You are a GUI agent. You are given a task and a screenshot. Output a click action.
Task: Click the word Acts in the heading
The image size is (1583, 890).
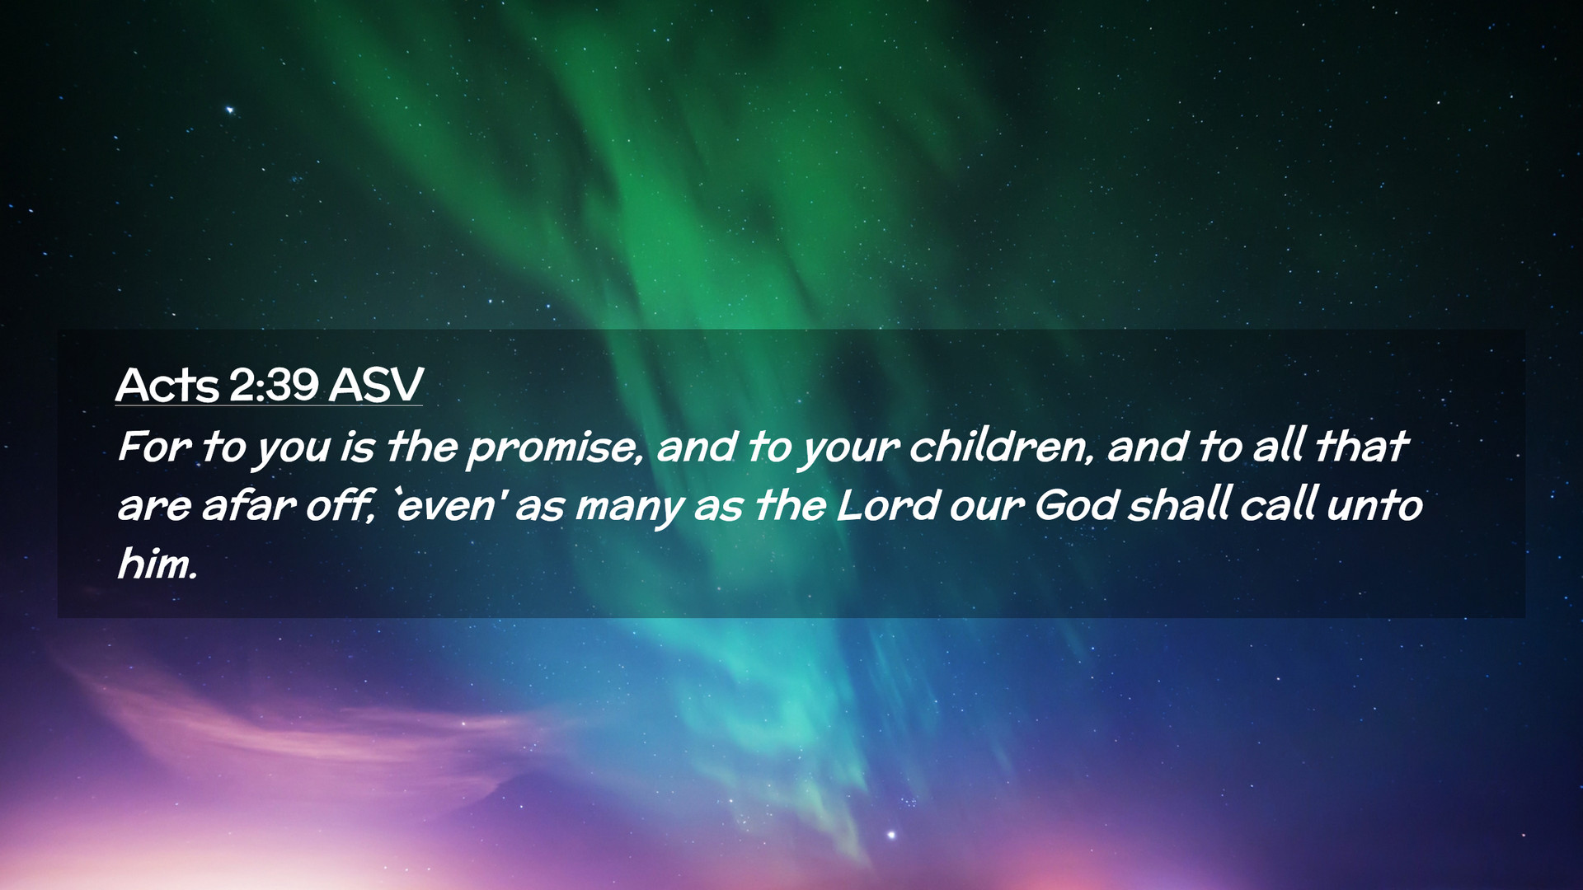[167, 384]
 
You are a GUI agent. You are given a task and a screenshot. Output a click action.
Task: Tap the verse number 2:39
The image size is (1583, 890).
[274, 384]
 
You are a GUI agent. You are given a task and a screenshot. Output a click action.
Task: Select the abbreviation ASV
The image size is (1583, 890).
[376, 384]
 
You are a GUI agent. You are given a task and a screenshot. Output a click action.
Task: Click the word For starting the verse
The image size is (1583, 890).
[154, 447]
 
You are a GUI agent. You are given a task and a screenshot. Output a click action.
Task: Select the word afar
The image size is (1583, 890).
[248, 505]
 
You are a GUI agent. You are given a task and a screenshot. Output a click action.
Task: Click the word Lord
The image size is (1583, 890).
[887, 505]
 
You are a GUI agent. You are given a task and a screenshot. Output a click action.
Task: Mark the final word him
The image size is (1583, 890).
[157, 564]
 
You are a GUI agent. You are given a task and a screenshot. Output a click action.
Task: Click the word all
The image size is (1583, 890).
[1279, 447]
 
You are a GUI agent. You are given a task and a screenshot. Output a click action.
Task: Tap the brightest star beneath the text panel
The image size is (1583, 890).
[891, 836]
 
